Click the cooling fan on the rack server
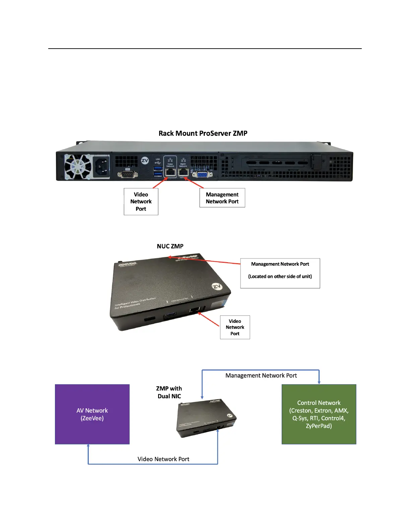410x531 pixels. click(x=78, y=166)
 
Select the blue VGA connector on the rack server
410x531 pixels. click(x=202, y=174)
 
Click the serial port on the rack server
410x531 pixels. click(x=128, y=174)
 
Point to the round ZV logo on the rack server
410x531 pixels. click(x=145, y=160)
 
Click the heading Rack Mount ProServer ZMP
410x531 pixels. click(x=203, y=133)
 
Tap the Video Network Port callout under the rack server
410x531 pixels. click(x=141, y=201)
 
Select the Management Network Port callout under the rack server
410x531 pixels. click(x=222, y=198)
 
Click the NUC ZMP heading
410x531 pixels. click(x=170, y=246)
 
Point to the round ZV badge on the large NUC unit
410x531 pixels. click(x=217, y=287)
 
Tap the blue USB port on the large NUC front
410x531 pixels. click(x=170, y=314)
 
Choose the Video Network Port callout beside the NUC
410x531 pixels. click(x=235, y=327)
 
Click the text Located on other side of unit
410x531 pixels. click(x=280, y=277)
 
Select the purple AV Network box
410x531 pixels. click(x=92, y=414)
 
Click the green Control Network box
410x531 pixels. click(x=319, y=414)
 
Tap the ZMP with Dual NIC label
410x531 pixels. click(x=169, y=392)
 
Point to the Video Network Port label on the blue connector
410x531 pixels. click(x=163, y=459)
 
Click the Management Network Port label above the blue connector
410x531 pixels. click(x=261, y=375)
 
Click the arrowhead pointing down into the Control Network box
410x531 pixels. click(x=319, y=382)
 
